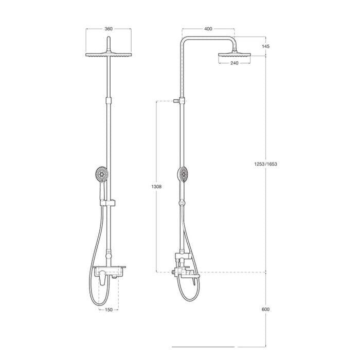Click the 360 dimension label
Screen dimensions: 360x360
point(109,29)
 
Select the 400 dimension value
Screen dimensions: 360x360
point(208,29)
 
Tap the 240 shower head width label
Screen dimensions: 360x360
point(234,63)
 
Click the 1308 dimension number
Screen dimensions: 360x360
point(158,187)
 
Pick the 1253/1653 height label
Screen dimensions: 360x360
point(266,164)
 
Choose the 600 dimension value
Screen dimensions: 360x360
point(265,309)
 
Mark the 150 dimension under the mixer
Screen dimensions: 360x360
point(109,310)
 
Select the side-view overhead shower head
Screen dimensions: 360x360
point(234,54)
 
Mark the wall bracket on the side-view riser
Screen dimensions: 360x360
point(177,101)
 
